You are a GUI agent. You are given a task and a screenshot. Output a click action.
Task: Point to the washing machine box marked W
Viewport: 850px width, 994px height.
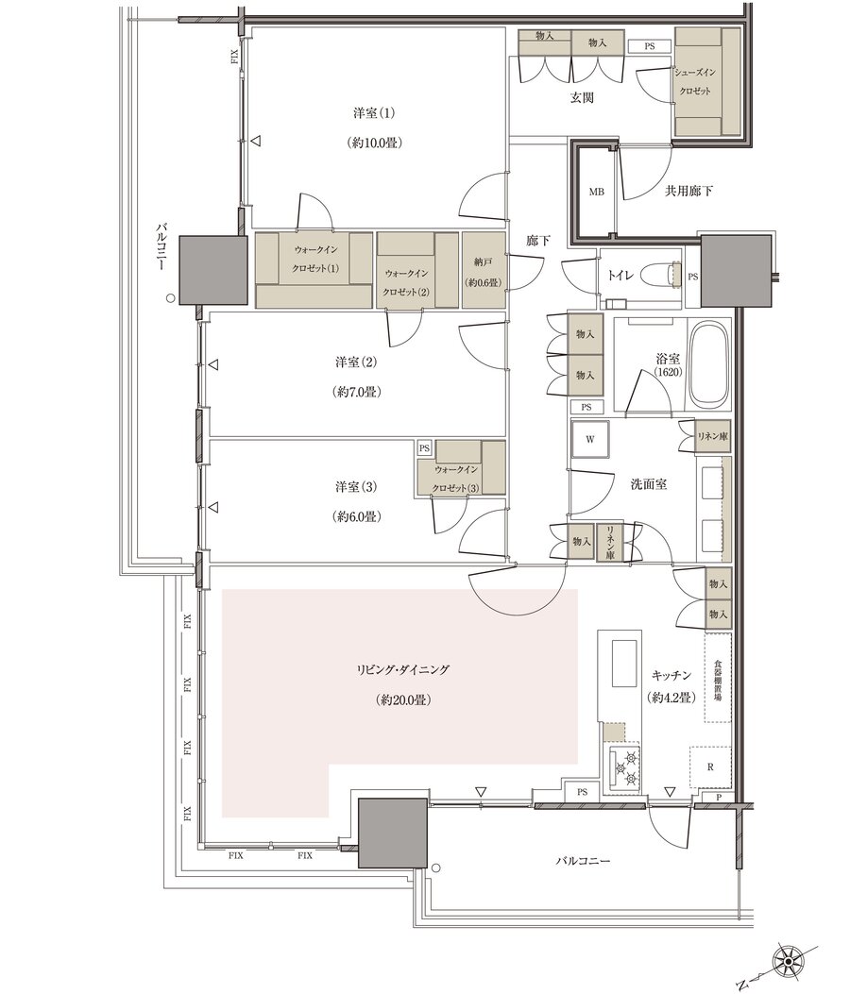[590, 439]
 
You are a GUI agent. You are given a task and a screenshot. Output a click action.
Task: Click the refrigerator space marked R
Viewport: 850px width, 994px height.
[710, 767]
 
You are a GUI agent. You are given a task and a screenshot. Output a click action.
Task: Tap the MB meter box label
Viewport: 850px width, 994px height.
[596, 192]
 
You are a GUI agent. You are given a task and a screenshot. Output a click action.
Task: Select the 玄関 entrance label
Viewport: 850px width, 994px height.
[581, 98]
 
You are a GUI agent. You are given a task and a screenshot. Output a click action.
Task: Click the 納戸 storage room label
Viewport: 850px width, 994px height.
[484, 261]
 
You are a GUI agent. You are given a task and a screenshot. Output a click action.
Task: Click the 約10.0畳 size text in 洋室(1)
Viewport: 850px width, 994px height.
[374, 143]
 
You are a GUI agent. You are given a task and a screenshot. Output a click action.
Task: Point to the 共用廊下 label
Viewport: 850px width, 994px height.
[688, 190]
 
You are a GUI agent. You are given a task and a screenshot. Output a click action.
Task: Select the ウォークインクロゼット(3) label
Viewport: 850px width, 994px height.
[456, 479]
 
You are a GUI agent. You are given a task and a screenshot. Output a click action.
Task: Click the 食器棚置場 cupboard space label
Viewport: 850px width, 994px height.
[718, 680]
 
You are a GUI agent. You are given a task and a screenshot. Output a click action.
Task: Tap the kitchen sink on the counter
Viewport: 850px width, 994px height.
[623, 663]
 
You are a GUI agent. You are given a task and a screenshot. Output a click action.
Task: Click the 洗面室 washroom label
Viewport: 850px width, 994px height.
[648, 484]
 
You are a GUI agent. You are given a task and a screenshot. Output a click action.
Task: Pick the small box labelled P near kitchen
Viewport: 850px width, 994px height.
[719, 798]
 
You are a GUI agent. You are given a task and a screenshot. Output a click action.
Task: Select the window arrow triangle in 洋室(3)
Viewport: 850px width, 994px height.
[213, 507]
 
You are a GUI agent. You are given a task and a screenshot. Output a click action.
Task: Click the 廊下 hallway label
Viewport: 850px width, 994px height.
[538, 241]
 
